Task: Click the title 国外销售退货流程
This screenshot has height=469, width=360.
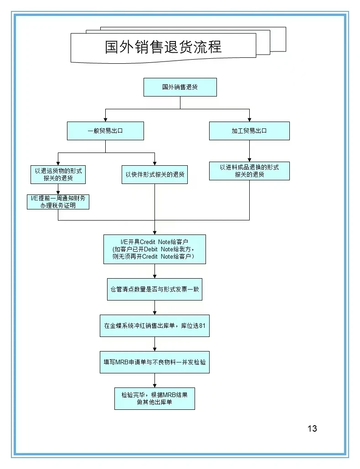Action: click(163, 47)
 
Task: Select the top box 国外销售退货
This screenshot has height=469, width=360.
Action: click(180, 87)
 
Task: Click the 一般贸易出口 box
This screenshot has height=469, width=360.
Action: click(105, 131)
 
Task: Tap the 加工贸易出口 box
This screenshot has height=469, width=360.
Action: click(249, 131)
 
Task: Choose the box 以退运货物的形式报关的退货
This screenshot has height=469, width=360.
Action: click(58, 174)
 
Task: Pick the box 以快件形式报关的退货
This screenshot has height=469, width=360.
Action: click(155, 174)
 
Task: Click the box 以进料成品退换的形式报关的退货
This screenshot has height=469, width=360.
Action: click(249, 171)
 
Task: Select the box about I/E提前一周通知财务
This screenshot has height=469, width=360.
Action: click(58, 201)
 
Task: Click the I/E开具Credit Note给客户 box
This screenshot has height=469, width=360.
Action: click(154, 249)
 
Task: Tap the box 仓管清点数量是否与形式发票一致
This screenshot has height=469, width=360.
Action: click(154, 289)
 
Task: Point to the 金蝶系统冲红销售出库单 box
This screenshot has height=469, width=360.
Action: click(154, 326)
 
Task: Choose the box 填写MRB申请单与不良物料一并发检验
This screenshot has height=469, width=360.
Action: click(154, 362)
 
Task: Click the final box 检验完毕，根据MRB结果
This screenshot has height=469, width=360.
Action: click(154, 398)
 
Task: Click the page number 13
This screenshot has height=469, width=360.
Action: click(312, 428)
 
